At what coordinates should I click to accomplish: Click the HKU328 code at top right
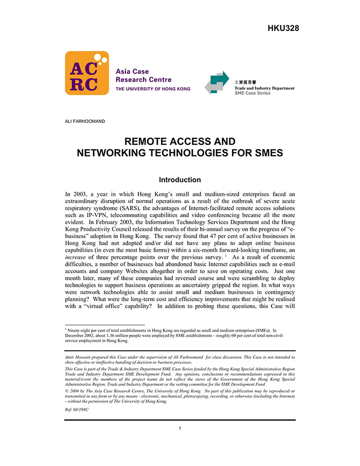point(283,28)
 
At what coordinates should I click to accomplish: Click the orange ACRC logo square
point(86,73)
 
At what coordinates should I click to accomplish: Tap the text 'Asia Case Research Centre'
point(143,76)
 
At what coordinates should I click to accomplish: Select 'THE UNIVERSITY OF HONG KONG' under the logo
point(153,89)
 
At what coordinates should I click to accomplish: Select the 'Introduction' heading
point(179,180)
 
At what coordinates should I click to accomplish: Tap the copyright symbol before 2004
point(67,391)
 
